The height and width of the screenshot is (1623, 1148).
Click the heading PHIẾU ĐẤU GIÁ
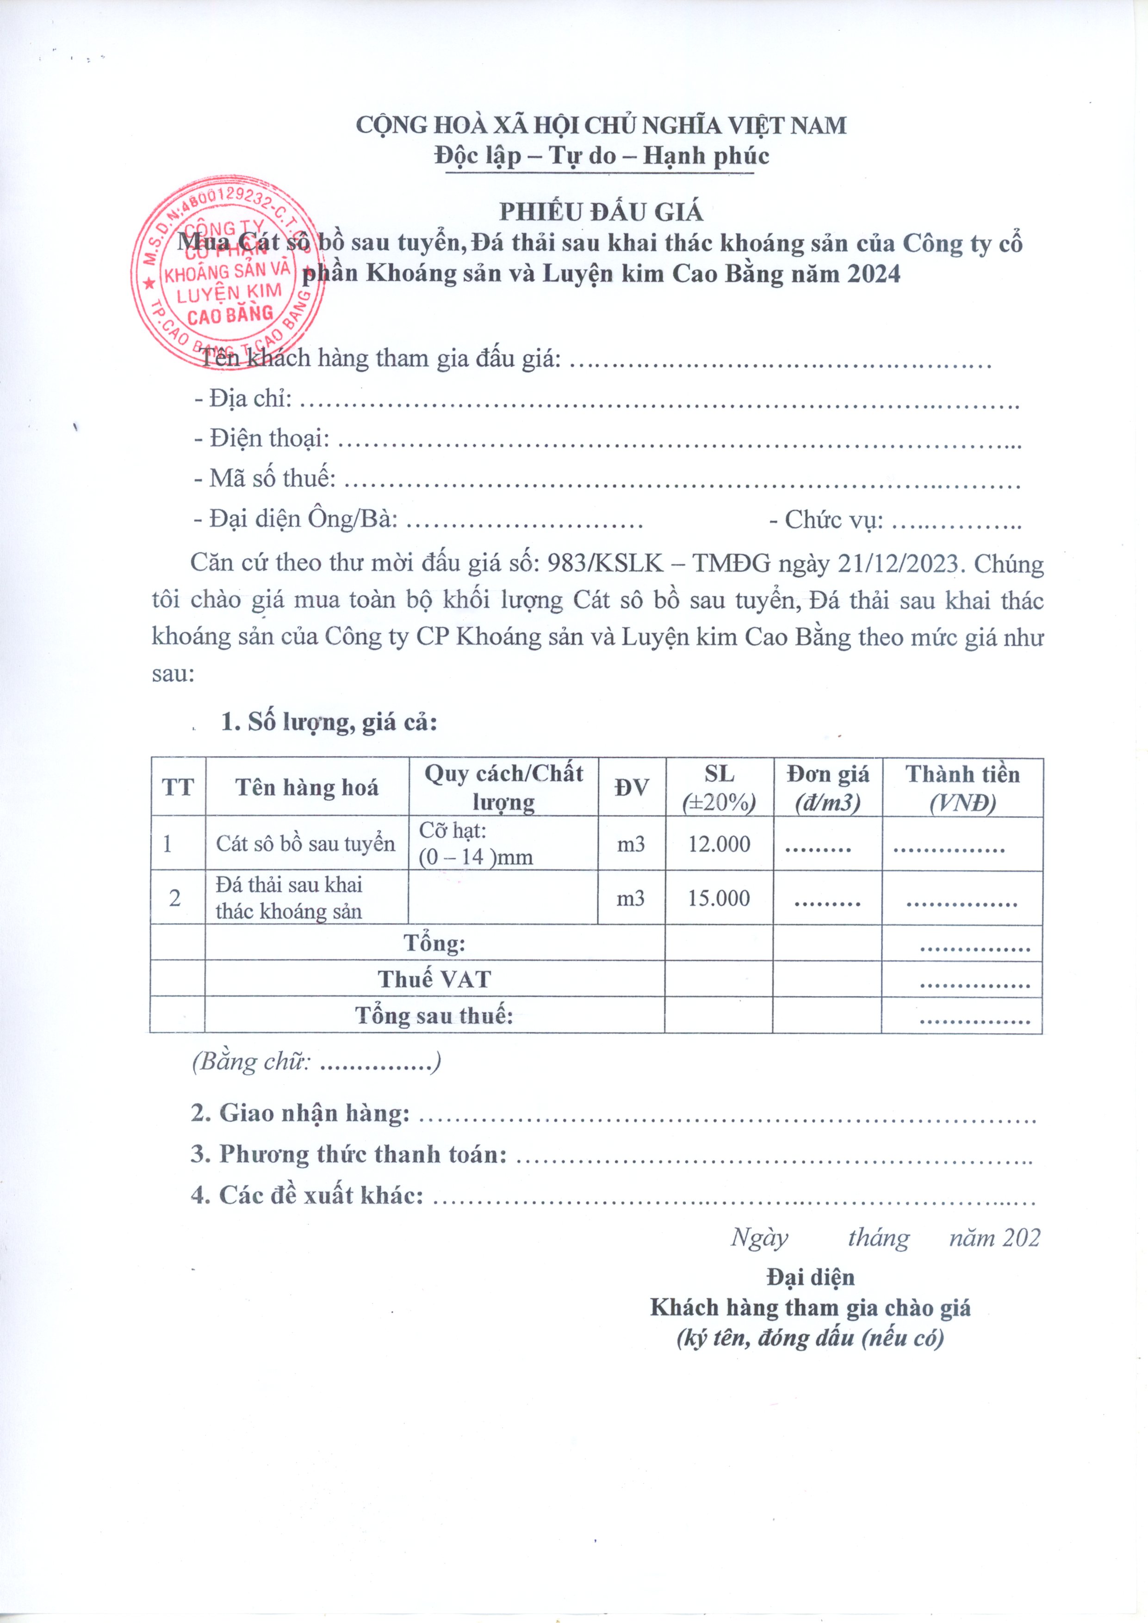[x=601, y=212]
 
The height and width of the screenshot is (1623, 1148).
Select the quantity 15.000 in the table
[x=719, y=898]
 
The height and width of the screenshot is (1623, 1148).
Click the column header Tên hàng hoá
[x=306, y=788]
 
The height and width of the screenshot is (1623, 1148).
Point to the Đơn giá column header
[x=828, y=788]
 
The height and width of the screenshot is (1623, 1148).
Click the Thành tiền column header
[x=962, y=788]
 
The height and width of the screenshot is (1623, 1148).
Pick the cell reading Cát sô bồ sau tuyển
[x=305, y=844]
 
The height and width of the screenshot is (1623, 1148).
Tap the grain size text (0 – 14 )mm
[x=475, y=858]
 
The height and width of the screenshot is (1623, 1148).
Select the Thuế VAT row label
[x=434, y=979]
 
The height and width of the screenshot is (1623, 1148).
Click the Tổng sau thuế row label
[x=434, y=1016]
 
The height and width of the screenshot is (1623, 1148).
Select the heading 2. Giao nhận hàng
[x=301, y=1113]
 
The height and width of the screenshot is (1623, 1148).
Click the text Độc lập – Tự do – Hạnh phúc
[x=601, y=155]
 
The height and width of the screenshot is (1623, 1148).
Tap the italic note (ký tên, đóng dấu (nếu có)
[x=810, y=1338]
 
